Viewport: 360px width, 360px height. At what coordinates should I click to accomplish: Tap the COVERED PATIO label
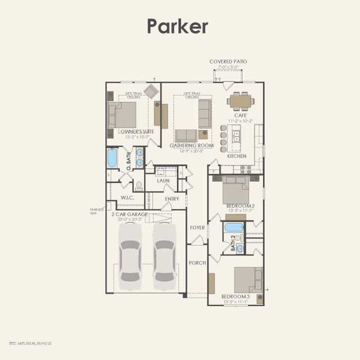228,61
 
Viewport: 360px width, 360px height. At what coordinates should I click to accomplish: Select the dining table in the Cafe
241,101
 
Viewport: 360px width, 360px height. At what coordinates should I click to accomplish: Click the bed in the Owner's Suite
123,115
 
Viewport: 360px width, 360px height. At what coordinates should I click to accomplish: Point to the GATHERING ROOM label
192,145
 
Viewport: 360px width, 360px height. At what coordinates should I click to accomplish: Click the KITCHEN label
237,156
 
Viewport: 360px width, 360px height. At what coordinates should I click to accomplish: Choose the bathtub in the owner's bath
112,158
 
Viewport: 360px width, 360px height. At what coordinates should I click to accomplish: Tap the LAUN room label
163,181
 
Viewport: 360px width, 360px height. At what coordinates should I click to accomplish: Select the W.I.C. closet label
128,198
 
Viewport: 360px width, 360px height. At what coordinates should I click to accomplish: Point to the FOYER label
197,227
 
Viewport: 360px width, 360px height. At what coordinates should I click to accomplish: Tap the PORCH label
197,262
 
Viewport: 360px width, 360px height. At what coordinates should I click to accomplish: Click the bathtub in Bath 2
234,228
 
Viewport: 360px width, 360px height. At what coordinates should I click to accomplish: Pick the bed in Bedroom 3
248,280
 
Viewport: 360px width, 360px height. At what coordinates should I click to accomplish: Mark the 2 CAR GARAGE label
130,214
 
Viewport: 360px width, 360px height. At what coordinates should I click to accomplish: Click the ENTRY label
172,199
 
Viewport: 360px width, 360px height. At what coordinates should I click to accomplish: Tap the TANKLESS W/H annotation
97,211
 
